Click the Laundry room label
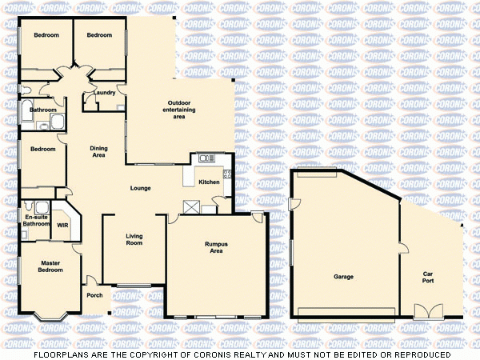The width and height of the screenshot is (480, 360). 104,93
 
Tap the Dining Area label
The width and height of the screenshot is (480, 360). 98,151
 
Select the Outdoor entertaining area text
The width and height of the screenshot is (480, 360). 179,110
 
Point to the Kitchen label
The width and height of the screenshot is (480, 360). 209,182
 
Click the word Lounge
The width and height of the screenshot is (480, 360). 142,189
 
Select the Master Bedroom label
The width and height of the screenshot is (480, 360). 51,266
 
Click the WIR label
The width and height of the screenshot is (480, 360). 62,225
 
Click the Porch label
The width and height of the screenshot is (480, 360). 94,294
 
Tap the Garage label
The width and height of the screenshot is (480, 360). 344,277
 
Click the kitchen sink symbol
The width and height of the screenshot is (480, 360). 205,158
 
